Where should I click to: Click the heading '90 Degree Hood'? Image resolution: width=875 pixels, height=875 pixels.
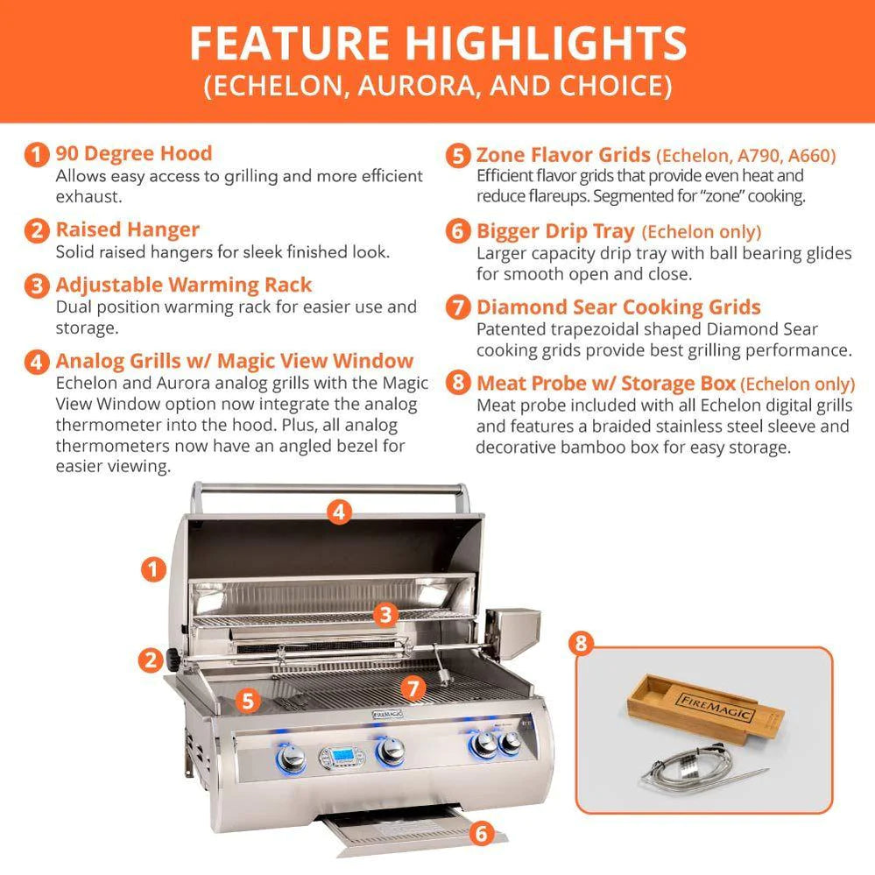(x=133, y=153)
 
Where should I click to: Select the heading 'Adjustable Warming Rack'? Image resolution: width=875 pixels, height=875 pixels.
(x=183, y=285)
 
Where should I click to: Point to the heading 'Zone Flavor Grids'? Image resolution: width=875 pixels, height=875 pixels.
(x=563, y=155)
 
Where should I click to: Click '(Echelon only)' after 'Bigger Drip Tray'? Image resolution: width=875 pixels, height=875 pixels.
(x=701, y=232)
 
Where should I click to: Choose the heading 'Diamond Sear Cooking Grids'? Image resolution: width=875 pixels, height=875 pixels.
(x=618, y=307)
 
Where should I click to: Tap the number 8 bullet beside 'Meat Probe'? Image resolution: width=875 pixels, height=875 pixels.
(x=457, y=384)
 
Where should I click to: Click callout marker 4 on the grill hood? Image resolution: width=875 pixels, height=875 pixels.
(x=341, y=511)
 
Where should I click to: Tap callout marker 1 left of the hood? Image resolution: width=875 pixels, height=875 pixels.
(x=153, y=569)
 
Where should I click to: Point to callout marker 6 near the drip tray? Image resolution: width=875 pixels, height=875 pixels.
(x=479, y=833)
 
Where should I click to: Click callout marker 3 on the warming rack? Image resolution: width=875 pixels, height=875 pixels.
(x=385, y=614)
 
